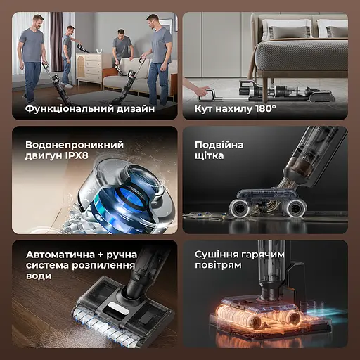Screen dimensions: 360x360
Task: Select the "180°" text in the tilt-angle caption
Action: [x=265, y=108]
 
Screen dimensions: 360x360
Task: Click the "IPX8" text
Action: [x=77, y=155]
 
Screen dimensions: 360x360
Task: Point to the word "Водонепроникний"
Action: [x=75, y=145]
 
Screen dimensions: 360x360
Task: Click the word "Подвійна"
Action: [x=219, y=145]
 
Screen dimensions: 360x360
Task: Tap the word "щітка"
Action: [x=209, y=155]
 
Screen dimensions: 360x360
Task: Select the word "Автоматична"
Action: [x=60, y=255]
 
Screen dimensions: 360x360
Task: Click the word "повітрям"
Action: [x=218, y=266]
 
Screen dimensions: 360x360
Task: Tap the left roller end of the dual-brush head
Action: [x=239, y=208]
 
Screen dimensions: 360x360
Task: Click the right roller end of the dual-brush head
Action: [x=295, y=207]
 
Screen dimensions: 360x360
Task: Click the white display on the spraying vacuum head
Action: [x=117, y=307]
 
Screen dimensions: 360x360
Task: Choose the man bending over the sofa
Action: [x=122, y=47]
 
